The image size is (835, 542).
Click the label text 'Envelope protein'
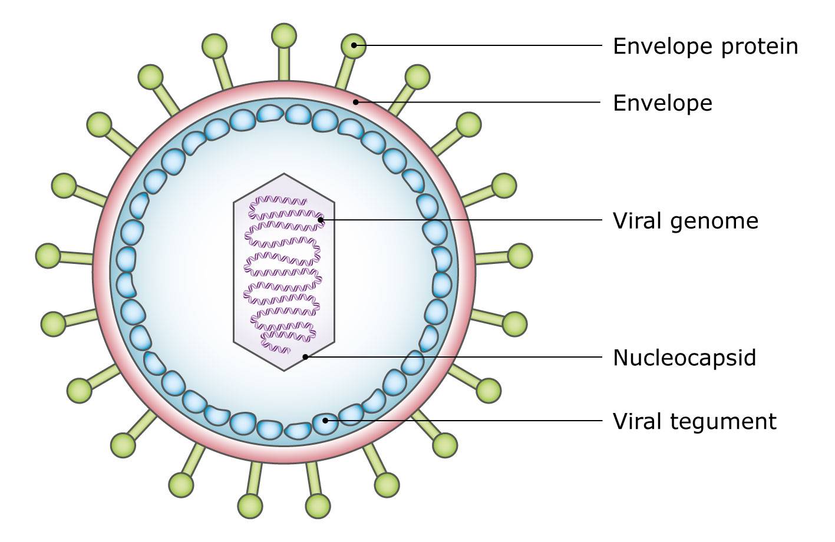coord(705,46)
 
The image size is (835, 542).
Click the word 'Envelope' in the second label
coord(662,103)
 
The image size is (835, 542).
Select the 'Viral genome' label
coord(685,221)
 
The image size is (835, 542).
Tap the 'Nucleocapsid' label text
coord(684,358)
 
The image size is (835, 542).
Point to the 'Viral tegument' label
coord(694,421)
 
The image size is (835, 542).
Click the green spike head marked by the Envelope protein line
coord(354,45)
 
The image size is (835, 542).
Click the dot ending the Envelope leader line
coord(355,102)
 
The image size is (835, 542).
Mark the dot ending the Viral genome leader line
coord(321,220)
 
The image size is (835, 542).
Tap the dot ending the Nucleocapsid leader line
coord(305,356)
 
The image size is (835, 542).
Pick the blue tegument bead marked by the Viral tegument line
coord(325,421)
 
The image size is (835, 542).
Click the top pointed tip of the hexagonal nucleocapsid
coord(284,174)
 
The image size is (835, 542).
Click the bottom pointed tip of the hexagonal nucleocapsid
coord(284,371)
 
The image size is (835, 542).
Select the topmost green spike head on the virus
coord(284,35)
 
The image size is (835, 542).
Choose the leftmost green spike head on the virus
coord(48,256)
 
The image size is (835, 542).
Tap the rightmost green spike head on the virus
coord(520,256)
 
